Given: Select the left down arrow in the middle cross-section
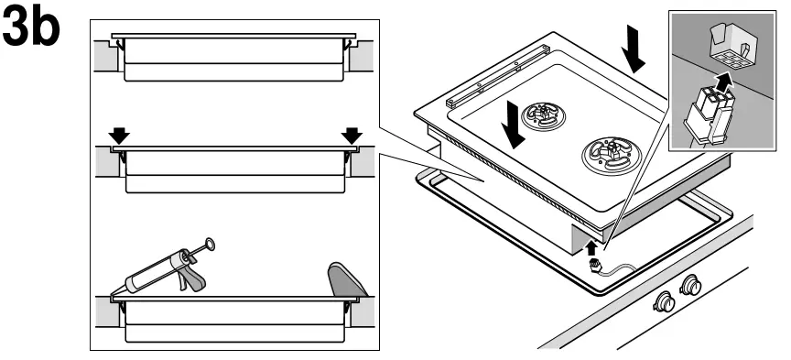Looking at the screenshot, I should click(x=119, y=136).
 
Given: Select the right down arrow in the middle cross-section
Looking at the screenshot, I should click(x=351, y=136).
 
